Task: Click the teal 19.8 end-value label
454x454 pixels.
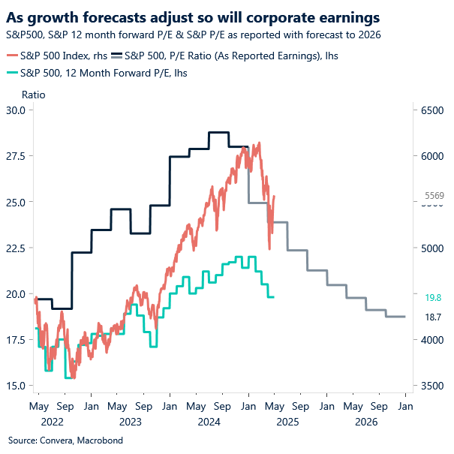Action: click(433, 297)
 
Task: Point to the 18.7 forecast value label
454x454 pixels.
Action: click(433, 317)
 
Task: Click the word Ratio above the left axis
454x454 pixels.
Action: click(33, 95)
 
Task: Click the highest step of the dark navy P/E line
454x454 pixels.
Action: click(218, 132)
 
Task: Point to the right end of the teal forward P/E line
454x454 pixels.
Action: click(273, 297)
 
